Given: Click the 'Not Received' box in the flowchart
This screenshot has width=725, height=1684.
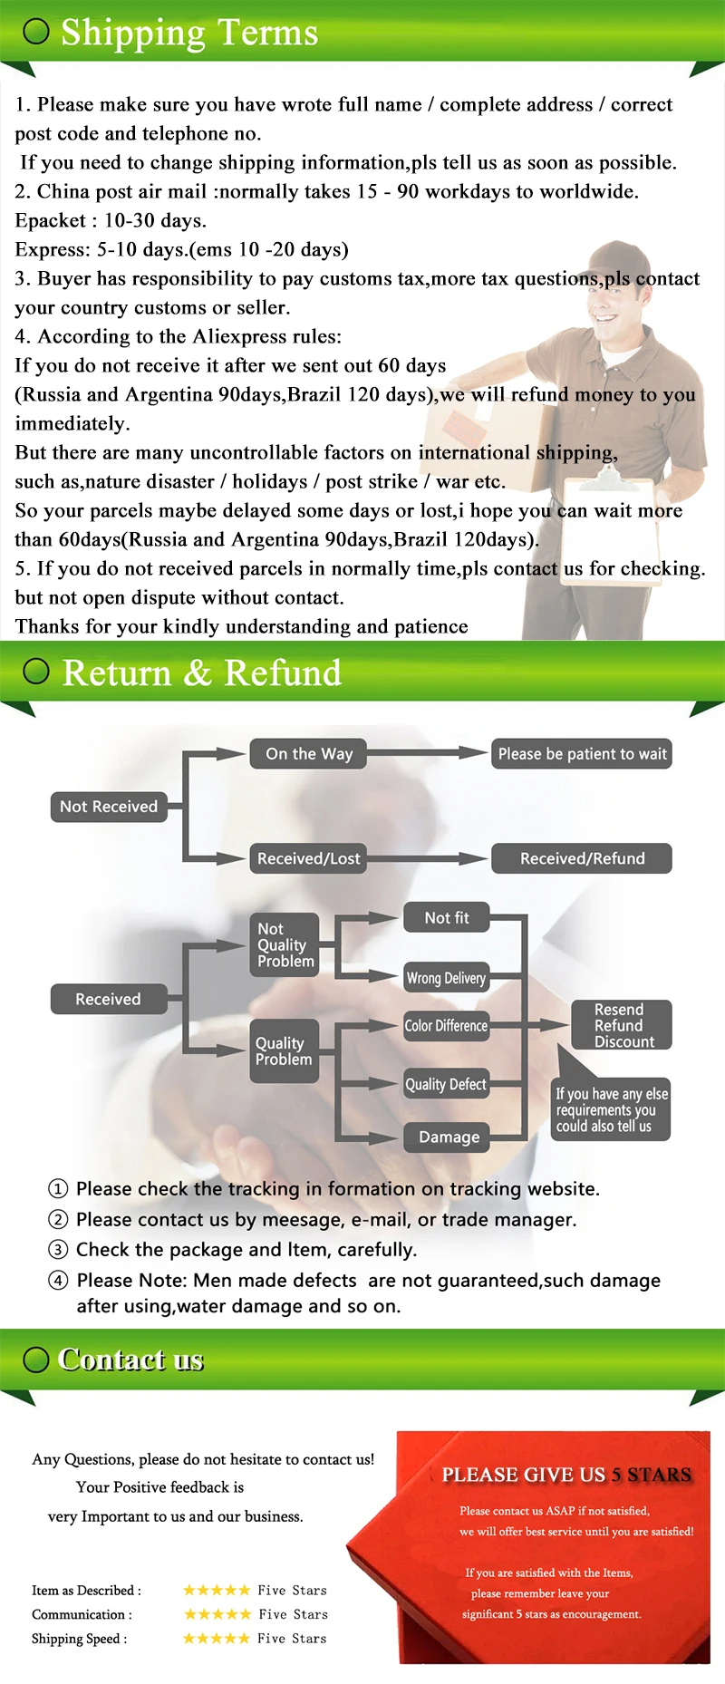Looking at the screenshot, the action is [x=109, y=807].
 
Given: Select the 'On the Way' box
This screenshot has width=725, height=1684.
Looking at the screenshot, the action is [x=308, y=754].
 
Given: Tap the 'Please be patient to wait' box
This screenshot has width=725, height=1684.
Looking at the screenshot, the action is [x=582, y=754].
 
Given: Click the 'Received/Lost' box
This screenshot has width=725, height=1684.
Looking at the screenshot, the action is [x=308, y=858].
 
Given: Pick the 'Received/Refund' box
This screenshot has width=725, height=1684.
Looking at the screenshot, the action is [x=582, y=858].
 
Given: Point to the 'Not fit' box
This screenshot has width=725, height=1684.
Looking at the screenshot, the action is [x=447, y=918].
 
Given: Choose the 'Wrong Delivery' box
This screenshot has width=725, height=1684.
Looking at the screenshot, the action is [x=446, y=978].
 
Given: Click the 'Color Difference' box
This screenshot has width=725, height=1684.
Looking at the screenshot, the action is [x=446, y=1026].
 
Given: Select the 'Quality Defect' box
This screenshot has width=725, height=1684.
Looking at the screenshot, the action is [x=446, y=1084].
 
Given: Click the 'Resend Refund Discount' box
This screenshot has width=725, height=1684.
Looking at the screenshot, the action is [x=621, y=1025].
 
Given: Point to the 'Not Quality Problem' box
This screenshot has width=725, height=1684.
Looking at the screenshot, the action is [x=285, y=944].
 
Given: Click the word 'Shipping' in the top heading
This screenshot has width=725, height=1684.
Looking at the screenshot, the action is [x=133, y=33].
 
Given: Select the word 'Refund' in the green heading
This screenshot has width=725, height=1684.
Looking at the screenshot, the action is [x=283, y=673].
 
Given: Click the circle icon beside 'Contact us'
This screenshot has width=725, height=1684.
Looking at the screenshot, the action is [x=36, y=1360].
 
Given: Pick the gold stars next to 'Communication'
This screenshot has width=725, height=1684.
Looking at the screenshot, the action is [x=217, y=1614].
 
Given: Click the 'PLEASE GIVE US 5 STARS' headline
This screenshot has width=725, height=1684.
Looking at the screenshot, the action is [x=566, y=1475].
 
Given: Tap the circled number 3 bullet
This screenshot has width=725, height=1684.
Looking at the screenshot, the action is [x=58, y=1250].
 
